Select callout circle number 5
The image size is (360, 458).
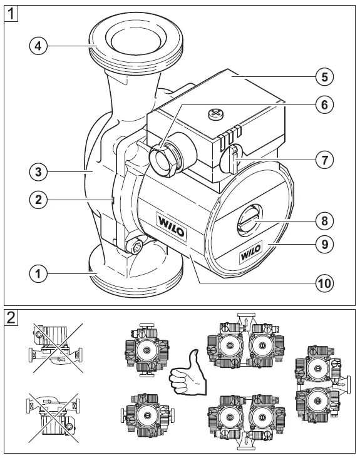pyautogui.click(x=324, y=77)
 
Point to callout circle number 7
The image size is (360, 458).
pyautogui.click(x=324, y=160)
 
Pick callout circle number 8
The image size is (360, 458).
pyautogui.click(x=324, y=220)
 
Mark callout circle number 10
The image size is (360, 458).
pyautogui.click(x=324, y=282)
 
